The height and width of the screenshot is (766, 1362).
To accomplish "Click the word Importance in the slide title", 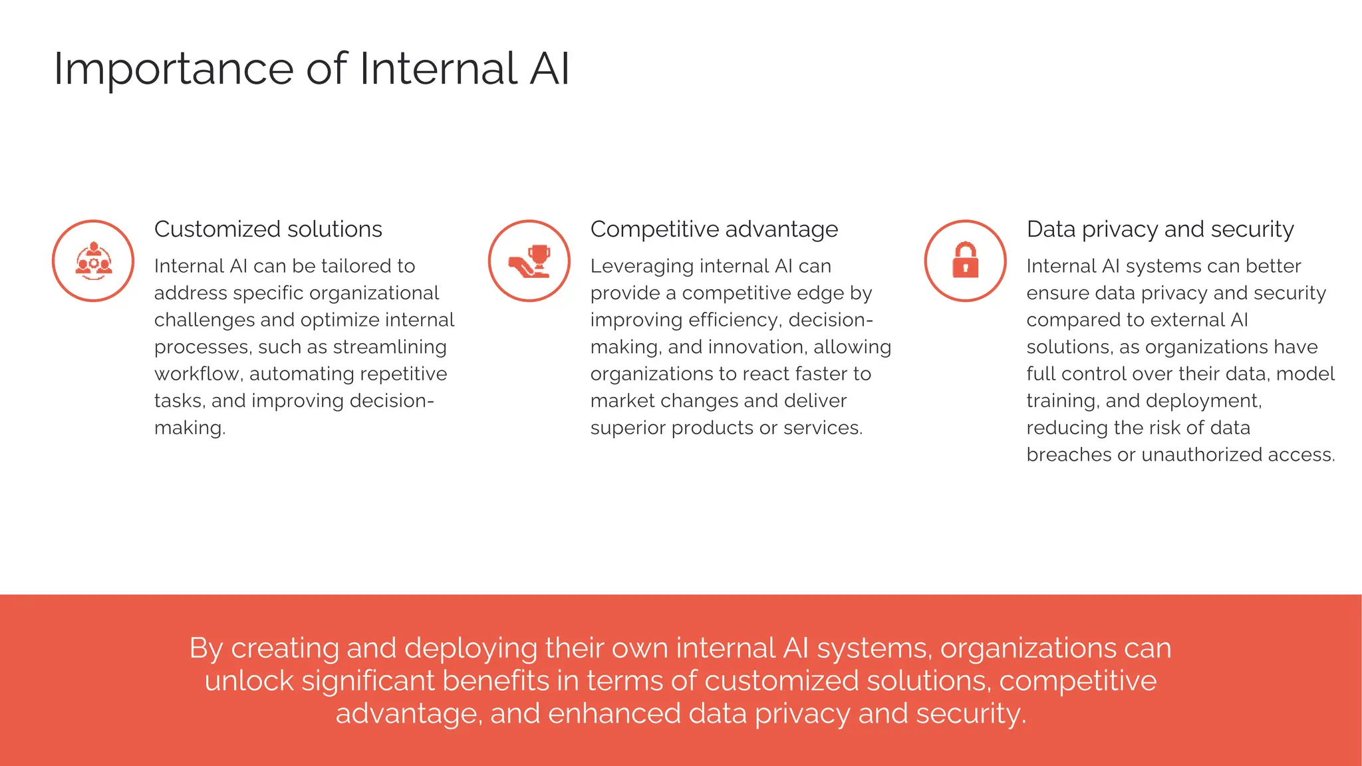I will tap(173, 69).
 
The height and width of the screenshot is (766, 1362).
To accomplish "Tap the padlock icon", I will tap(965, 260).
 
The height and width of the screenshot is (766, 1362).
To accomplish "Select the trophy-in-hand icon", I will tap(529, 261).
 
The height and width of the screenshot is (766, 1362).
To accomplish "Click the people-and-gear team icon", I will tap(93, 261).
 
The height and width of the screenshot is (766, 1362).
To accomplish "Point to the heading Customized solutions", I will tap(268, 229).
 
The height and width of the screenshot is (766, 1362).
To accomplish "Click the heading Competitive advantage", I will tap(714, 229).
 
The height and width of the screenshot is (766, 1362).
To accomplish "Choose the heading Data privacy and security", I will tap(1160, 229).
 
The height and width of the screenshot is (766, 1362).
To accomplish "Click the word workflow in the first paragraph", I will tap(197, 374).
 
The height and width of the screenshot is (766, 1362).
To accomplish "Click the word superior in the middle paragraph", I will tap(628, 428).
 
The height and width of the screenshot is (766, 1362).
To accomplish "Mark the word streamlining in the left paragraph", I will tap(390, 347).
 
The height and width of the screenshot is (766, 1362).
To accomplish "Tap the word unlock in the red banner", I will tap(249, 681).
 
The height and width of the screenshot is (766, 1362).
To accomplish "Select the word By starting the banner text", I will tap(205, 648).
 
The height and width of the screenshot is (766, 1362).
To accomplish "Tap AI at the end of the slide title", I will tap(549, 69).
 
